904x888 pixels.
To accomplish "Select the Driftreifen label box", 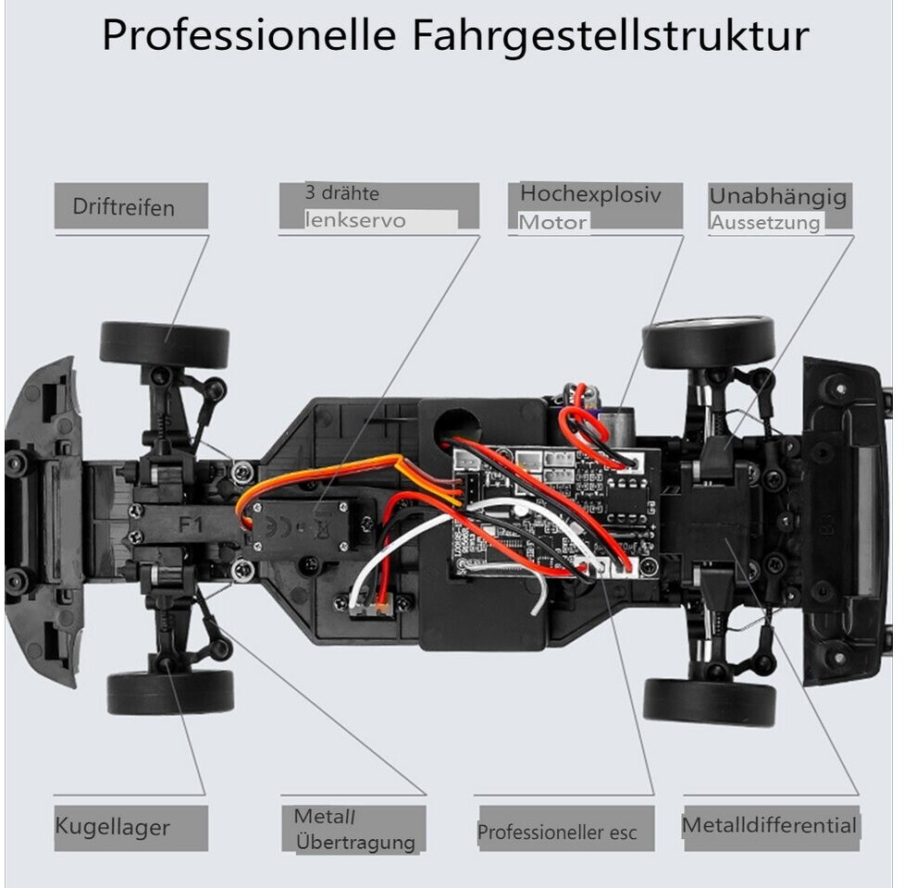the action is pyautogui.click(x=130, y=206).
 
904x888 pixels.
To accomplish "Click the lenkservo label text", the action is pyautogui.click(x=356, y=221).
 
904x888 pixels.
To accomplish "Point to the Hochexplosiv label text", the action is pyautogui.click(x=590, y=194).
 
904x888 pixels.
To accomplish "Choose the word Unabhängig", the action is pyautogui.click(x=777, y=196).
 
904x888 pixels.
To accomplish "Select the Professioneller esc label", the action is pyautogui.click(x=557, y=832).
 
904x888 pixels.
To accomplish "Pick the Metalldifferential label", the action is pyautogui.click(x=770, y=824).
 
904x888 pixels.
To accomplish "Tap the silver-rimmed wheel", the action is pyautogui.click(x=709, y=340).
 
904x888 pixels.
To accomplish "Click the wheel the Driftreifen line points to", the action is pyautogui.click(x=165, y=343).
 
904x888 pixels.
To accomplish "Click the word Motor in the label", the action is pyautogui.click(x=552, y=222).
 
